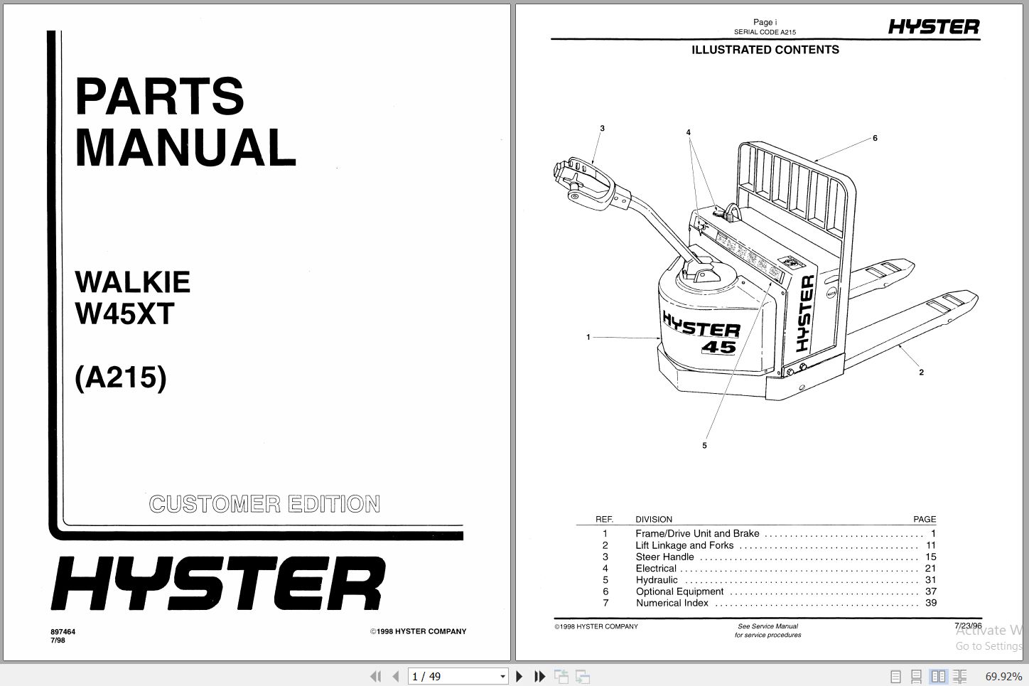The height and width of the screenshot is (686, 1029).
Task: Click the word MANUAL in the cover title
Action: pos(185,148)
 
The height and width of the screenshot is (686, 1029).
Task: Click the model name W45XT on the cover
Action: pos(124,313)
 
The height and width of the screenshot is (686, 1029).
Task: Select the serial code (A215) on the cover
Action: pos(121,377)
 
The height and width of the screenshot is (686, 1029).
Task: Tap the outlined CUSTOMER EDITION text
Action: pos(264,504)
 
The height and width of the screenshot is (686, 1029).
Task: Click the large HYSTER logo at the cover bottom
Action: pos(217,584)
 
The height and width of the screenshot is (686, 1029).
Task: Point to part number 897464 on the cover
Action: pos(63,631)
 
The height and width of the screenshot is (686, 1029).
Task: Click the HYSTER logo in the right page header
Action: pos(933,27)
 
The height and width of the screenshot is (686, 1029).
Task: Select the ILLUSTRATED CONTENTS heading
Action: pos(765,50)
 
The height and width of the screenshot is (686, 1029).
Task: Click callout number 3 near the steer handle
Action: pos(602,129)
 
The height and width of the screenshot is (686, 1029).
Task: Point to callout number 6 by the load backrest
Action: pos(875,138)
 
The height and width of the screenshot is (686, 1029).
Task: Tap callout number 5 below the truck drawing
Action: pos(704,446)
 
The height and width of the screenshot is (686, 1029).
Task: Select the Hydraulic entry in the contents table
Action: pos(657,580)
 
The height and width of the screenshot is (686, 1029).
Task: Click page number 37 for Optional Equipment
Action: pos(930,591)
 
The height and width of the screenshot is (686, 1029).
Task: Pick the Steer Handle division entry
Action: pos(664,557)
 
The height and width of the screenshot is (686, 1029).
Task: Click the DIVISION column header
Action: pos(653,520)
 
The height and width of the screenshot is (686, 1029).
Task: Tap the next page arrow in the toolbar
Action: pos(519,676)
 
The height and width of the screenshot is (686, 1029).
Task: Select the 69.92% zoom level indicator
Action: pos(1003,676)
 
